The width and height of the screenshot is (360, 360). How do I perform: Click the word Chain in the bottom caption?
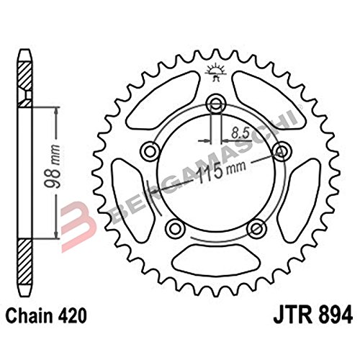(x=30, y=315)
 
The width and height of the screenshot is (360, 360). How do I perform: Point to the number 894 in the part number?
(x=333, y=315)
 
